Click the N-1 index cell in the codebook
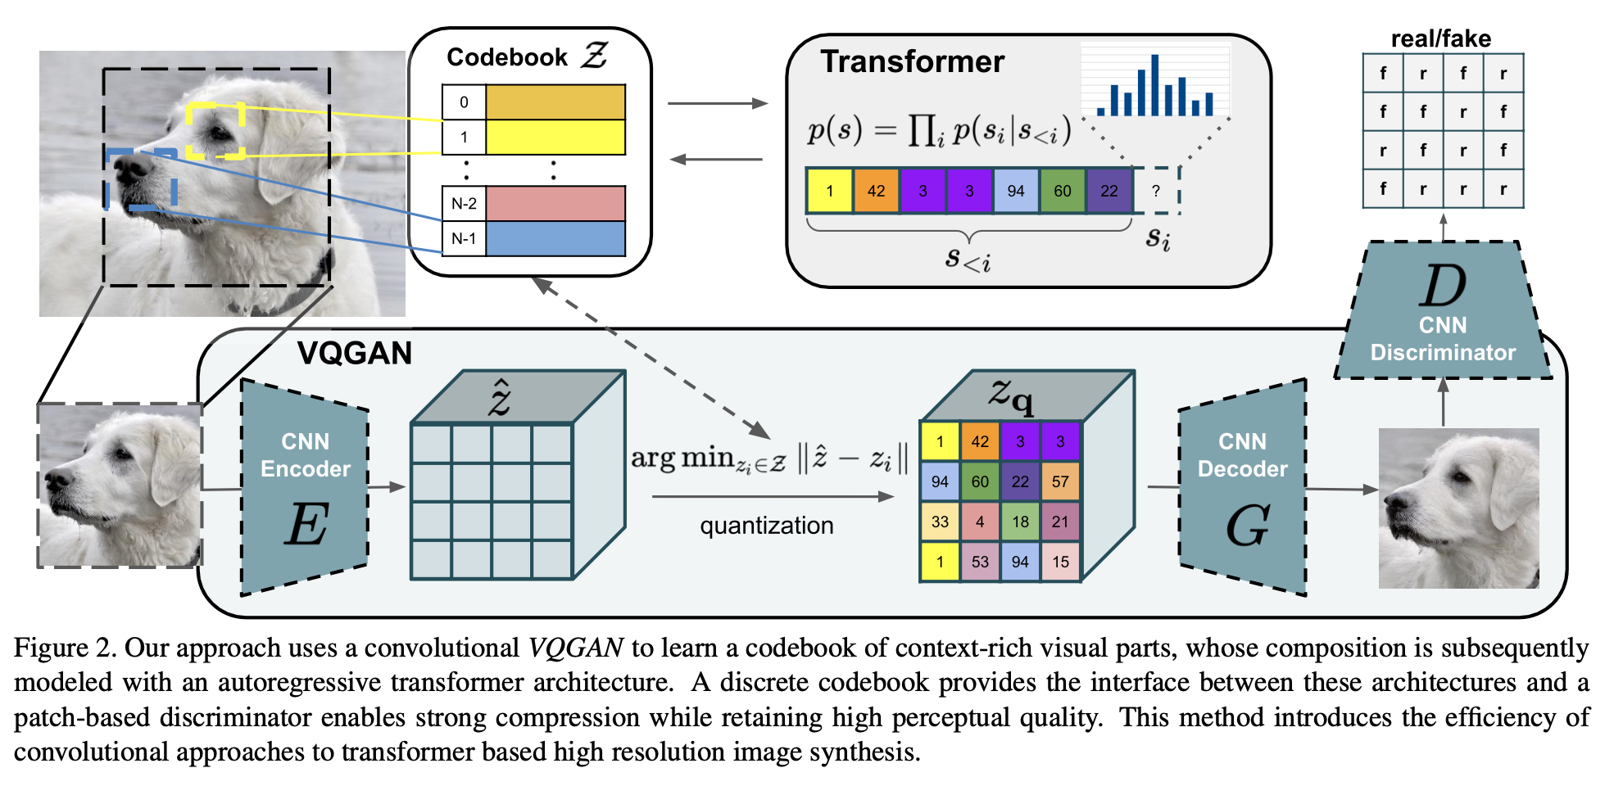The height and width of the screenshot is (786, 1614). click(464, 239)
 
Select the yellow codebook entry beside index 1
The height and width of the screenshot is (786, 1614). click(555, 138)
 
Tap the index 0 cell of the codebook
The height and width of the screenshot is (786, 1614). click(464, 102)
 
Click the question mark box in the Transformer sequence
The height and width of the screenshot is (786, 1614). click(1156, 191)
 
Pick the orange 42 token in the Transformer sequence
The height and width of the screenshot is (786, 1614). click(876, 191)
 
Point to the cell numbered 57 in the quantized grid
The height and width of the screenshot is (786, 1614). click(1060, 481)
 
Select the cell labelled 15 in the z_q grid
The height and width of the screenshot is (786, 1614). click(1060, 562)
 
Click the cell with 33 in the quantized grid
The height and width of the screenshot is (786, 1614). click(940, 522)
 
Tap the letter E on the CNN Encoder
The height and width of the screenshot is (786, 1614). click(306, 524)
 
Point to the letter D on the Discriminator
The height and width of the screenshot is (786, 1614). click(1443, 286)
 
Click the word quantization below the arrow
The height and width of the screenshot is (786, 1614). click(766, 526)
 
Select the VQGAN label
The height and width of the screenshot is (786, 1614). click(354, 353)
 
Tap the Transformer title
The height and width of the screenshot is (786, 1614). click(912, 61)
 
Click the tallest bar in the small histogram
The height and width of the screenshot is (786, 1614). click(1154, 84)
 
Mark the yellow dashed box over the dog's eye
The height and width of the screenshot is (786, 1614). click(215, 129)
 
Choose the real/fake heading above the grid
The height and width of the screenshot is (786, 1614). click(1440, 38)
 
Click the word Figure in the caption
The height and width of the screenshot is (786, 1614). click(51, 648)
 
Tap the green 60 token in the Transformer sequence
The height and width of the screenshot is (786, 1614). click(1062, 191)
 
